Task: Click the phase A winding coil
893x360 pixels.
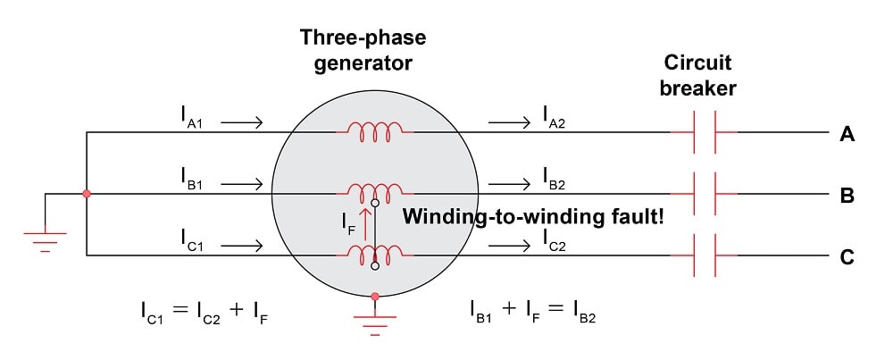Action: [x=374, y=131]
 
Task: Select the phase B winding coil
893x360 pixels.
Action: [x=374, y=190]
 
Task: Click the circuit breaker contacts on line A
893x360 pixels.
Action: [x=704, y=133]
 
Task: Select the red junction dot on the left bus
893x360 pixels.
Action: [x=87, y=194]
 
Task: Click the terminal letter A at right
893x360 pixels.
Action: [x=847, y=135]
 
